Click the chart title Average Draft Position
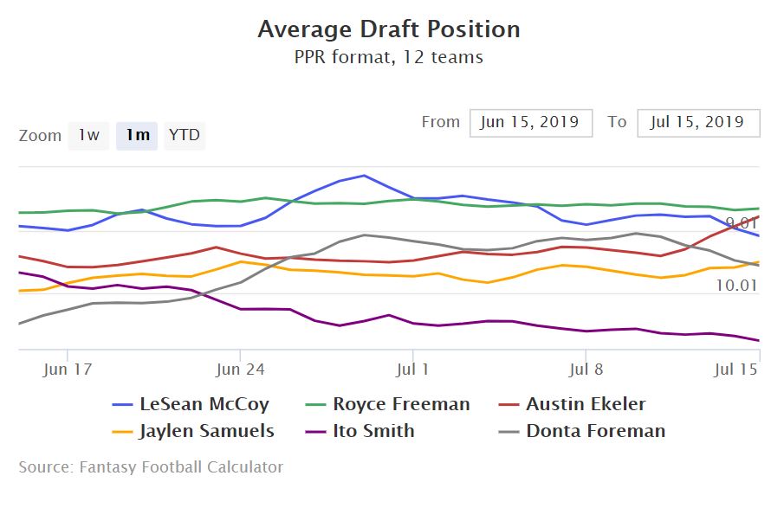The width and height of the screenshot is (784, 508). pyautogui.click(x=389, y=29)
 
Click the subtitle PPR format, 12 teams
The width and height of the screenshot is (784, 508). pyautogui.click(x=389, y=58)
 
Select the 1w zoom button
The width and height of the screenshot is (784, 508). pyautogui.click(x=88, y=135)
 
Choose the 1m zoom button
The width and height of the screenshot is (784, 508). pyautogui.click(x=137, y=135)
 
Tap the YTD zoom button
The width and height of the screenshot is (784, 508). pyautogui.click(x=184, y=135)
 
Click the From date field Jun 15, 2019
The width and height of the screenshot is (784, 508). pyautogui.click(x=530, y=122)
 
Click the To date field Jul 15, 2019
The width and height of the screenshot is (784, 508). pyautogui.click(x=697, y=122)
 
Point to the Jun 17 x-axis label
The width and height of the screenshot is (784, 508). pyautogui.click(x=67, y=369)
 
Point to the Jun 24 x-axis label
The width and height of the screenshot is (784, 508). pyautogui.click(x=240, y=369)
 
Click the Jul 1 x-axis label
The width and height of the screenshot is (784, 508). pyautogui.click(x=412, y=369)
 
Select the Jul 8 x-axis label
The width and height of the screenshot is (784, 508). pyautogui.click(x=586, y=369)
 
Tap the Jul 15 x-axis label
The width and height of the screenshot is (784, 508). pyautogui.click(x=736, y=369)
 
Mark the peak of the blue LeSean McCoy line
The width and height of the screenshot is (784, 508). pyautogui.click(x=364, y=176)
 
